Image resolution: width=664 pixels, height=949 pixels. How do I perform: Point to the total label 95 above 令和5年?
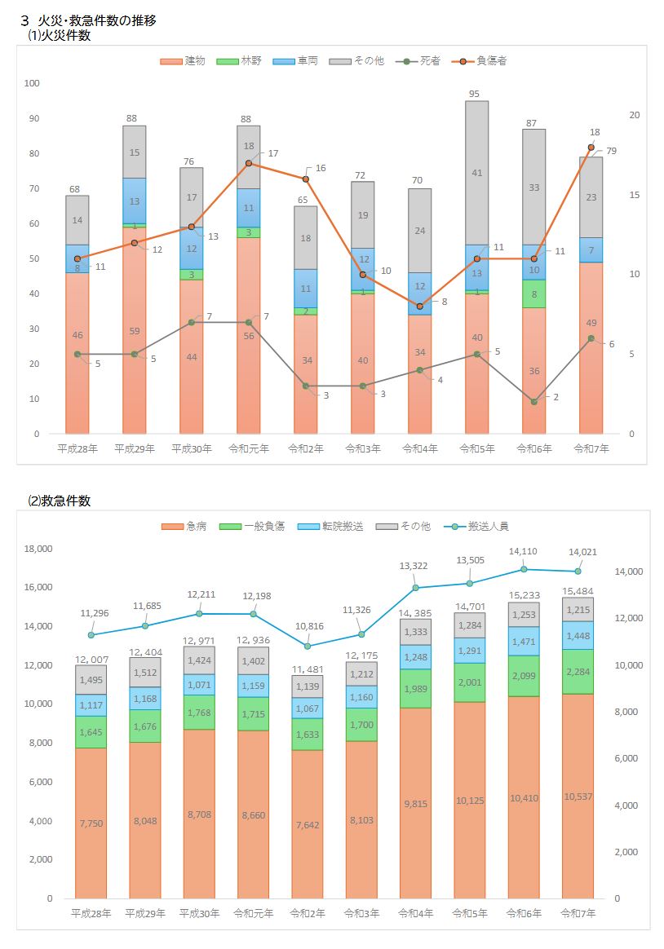click(474, 94)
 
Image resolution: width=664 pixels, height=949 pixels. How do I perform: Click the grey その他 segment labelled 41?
click(477, 173)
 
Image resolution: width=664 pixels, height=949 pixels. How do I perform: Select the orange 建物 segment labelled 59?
click(135, 331)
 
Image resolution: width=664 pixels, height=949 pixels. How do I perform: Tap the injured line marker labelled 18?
click(591, 148)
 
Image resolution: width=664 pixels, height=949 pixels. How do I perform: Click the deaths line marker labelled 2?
click(533, 402)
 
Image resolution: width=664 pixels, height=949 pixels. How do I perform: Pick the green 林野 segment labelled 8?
click(533, 294)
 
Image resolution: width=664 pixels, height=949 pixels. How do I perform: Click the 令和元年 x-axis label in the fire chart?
click(249, 448)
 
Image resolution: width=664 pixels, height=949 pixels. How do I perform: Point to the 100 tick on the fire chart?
click(32, 83)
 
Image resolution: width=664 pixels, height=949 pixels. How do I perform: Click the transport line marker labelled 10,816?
click(308, 646)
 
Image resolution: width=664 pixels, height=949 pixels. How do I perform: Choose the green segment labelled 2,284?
click(578, 672)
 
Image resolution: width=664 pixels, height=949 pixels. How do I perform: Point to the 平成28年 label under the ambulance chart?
click(91, 913)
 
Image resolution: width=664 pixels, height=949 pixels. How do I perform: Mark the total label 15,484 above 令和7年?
click(578, 590)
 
